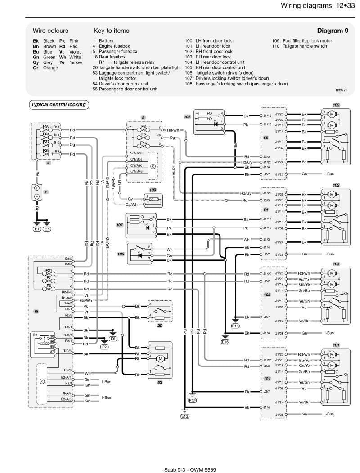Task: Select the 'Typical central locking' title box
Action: [58, 105]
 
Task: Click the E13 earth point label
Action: [184, 416]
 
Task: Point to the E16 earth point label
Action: [225, 342]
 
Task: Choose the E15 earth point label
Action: [235, 326]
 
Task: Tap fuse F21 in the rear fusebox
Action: [49, 273]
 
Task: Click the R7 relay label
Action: [35, 335]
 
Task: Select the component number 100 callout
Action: [336, 105]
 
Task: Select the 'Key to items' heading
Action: [111, 31]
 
